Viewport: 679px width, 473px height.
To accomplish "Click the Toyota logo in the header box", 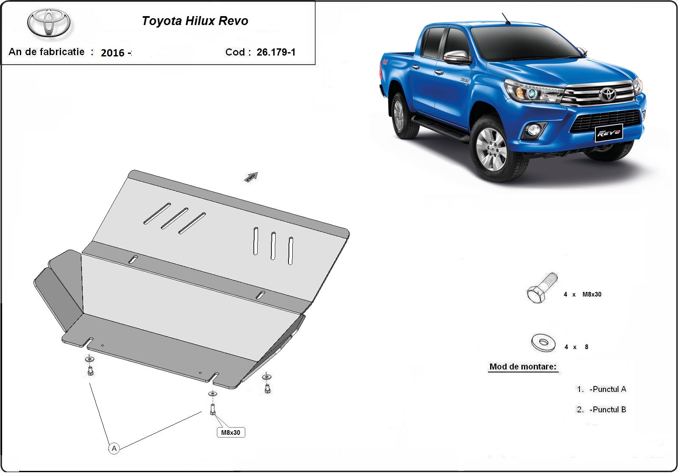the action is point(49,23).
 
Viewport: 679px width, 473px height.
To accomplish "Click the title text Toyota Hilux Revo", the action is point(195,21).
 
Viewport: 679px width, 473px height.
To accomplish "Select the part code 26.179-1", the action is point(276,52).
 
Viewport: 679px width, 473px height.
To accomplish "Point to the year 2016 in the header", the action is point(112,53).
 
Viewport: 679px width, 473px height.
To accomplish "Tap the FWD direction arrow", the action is point(251,177).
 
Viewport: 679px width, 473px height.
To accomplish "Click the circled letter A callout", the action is point(114,448).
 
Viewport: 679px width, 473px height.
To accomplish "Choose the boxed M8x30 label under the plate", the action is point(231,432).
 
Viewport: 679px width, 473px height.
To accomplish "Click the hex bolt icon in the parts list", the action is point(542,288).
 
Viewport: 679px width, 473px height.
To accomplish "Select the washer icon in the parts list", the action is point(543,343).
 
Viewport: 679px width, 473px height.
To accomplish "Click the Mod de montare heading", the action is point(523,367).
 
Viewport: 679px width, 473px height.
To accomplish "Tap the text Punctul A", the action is point(609,389).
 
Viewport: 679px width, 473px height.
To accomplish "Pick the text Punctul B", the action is point(609,409).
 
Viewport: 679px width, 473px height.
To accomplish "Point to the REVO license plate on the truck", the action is point(609,133).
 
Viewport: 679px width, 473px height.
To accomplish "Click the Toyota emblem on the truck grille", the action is point(608,94).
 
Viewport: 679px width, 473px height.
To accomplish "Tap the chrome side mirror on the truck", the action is point(456,57).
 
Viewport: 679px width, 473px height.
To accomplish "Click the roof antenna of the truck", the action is point(506,19).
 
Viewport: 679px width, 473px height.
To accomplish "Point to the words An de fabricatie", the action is point(46,52).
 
